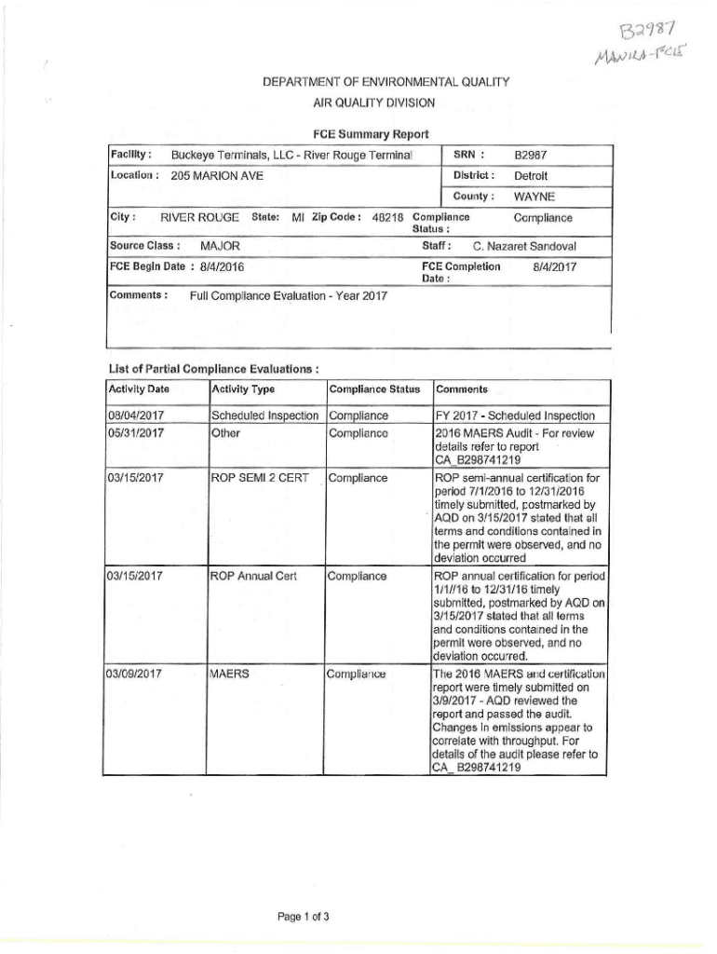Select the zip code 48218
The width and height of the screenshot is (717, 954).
pyautogui.click(x=388, y=218)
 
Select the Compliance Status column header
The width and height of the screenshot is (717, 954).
pyautogui.click(x=375, y=389)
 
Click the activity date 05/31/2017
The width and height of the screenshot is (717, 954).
pyautogui.click(x=137, y=433)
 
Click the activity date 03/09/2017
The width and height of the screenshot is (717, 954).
pyautogui.click(x=137, y=673)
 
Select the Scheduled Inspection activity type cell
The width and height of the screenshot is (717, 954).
pyautogui.click(x=265, y=416)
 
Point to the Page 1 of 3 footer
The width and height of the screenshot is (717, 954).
pyautogui.click(x=304, y=917)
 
